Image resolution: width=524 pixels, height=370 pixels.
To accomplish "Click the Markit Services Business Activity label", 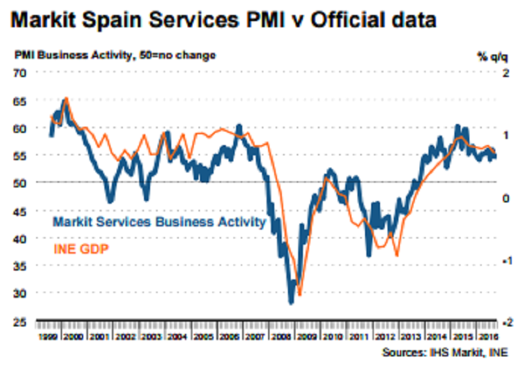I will tap(159, 222).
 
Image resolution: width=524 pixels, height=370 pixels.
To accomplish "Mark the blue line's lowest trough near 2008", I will tap(291, 302).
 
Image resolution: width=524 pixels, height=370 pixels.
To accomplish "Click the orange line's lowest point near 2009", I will tap(300, 294).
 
